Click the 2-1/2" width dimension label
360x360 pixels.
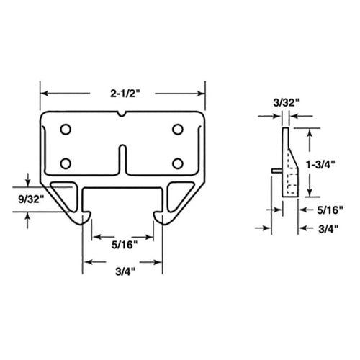(122, 94)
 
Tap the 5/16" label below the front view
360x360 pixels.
(122, 243)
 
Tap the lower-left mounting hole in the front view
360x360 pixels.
(66, 162)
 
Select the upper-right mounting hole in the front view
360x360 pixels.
(178, 130)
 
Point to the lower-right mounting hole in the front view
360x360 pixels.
(178, 162)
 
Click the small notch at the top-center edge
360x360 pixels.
(122, 114)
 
